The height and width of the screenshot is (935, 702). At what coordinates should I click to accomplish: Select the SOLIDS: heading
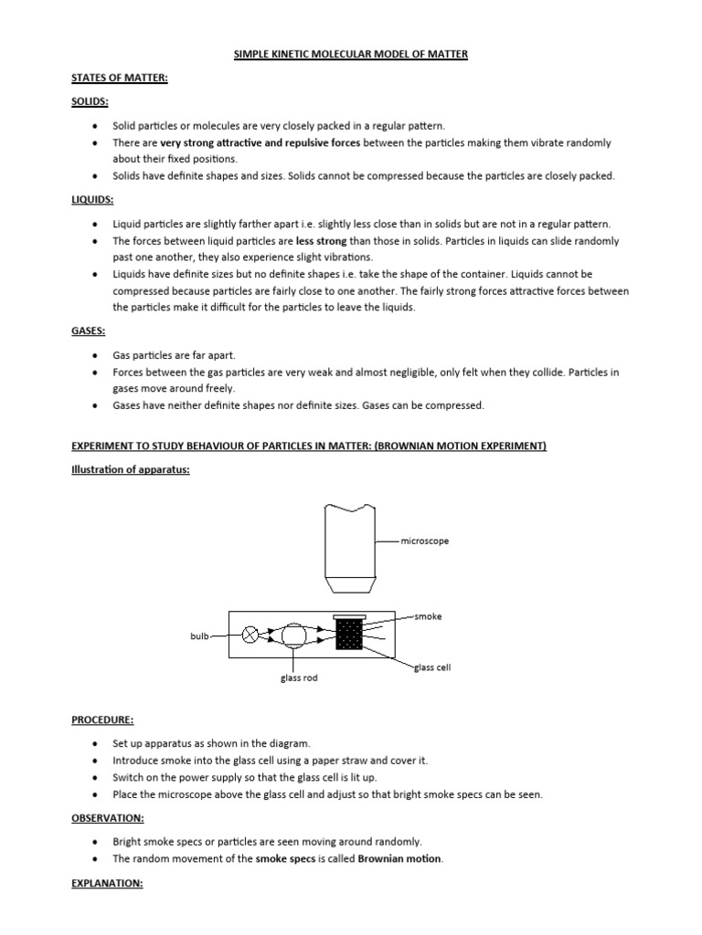tap(90, 102)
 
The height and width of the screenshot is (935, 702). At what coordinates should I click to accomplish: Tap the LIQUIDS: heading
tap(92, 199)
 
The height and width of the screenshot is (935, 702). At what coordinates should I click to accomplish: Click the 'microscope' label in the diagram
tap(424, 541)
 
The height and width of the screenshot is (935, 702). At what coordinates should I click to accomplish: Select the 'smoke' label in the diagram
tap(428, 616)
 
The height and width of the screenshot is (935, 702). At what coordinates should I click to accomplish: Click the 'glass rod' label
tap(298, 678)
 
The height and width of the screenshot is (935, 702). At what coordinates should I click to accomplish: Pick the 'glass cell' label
tap(432, 667)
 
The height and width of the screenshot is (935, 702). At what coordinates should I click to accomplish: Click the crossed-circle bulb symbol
tap(250, 635)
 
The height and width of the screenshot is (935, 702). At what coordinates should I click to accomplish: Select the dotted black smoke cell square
tap(349, 635)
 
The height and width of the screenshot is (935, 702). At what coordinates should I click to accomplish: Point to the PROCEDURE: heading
tap(104, 720)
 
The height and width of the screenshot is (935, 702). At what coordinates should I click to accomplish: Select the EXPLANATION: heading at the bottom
tap(108, 885)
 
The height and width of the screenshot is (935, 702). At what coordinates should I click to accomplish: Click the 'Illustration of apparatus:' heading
tap(131, 469)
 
